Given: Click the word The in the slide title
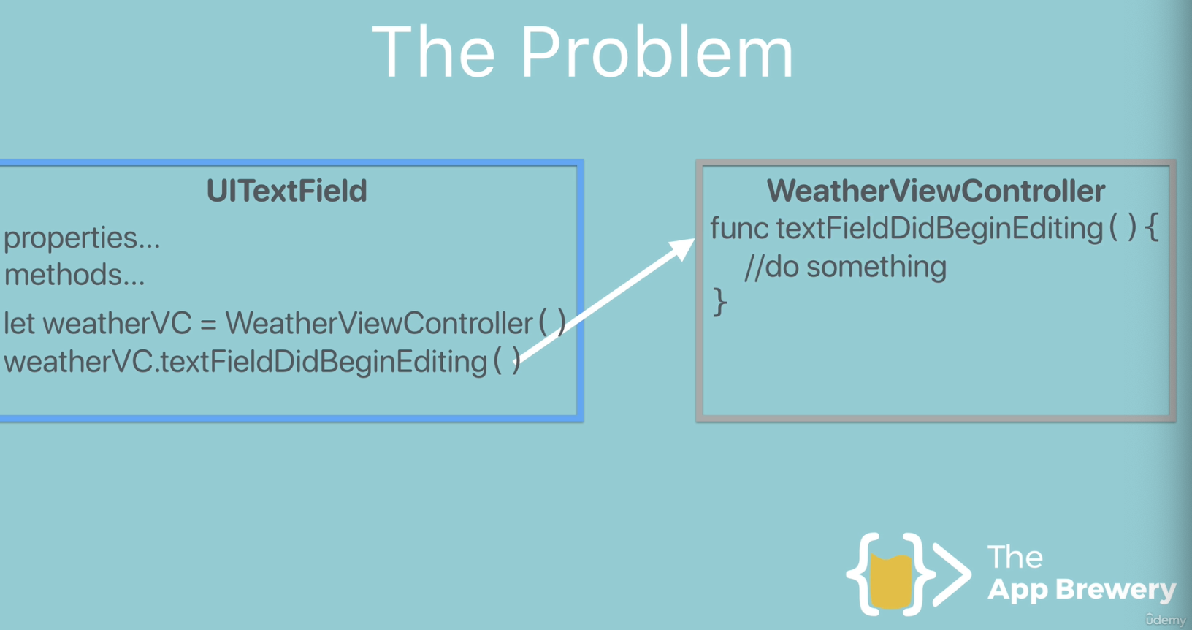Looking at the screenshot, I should (x=433, y=53).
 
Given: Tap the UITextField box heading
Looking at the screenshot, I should (x=286, y=191).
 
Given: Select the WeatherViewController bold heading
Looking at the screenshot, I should (x=935, y=191).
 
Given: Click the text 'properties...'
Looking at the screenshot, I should (x=82, y=238).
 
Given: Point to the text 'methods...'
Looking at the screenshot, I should (x=74, y=276).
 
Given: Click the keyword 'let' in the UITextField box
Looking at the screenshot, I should (x=19, y=323).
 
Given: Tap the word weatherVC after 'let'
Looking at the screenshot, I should (x=117, y=324).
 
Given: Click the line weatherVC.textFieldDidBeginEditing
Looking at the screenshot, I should (x=245, y=362).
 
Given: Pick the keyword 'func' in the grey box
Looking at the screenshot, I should (x=739, y=229).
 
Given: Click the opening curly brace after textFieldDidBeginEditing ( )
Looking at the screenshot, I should (x=1152, y=228).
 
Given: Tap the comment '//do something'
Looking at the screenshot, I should (x=845, y=267).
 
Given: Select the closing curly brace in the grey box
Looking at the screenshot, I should (x=720, y=301).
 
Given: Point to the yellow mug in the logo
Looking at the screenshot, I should (x=892, y=582).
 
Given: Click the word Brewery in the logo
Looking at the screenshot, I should (x=1115, y=589).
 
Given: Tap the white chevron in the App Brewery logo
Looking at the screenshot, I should (x=951, y=574).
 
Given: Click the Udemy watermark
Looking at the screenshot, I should (x=1166, y=620).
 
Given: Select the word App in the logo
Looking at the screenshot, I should (x=1018, y=589).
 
